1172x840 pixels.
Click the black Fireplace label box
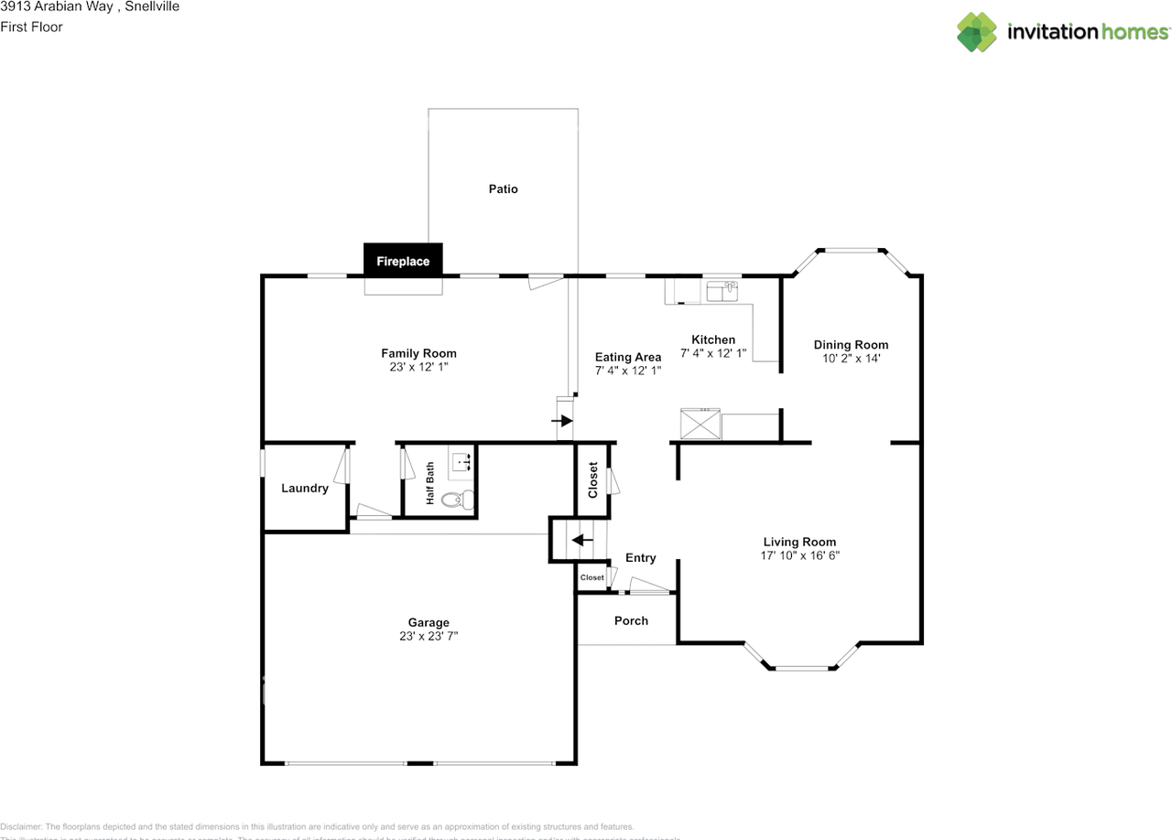point(403,261)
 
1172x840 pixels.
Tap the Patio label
point(503,189)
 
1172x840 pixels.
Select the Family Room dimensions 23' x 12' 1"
point(418,367)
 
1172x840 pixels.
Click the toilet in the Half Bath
point(456,500)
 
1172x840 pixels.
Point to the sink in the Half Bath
point(461,463)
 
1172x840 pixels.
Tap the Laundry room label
point(304,489)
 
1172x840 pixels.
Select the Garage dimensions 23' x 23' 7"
point(428,636)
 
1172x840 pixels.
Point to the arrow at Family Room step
point(560,421)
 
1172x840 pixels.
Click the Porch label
point(631,621)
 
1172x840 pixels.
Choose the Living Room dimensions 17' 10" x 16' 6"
point(799,555)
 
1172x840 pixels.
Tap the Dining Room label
point(851,345)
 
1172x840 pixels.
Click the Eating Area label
point(627,358)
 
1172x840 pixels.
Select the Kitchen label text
point(712,340)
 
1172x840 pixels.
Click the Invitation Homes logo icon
point(977,32)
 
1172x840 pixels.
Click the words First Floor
point(32,27)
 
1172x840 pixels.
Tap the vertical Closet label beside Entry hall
point(592,479)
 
